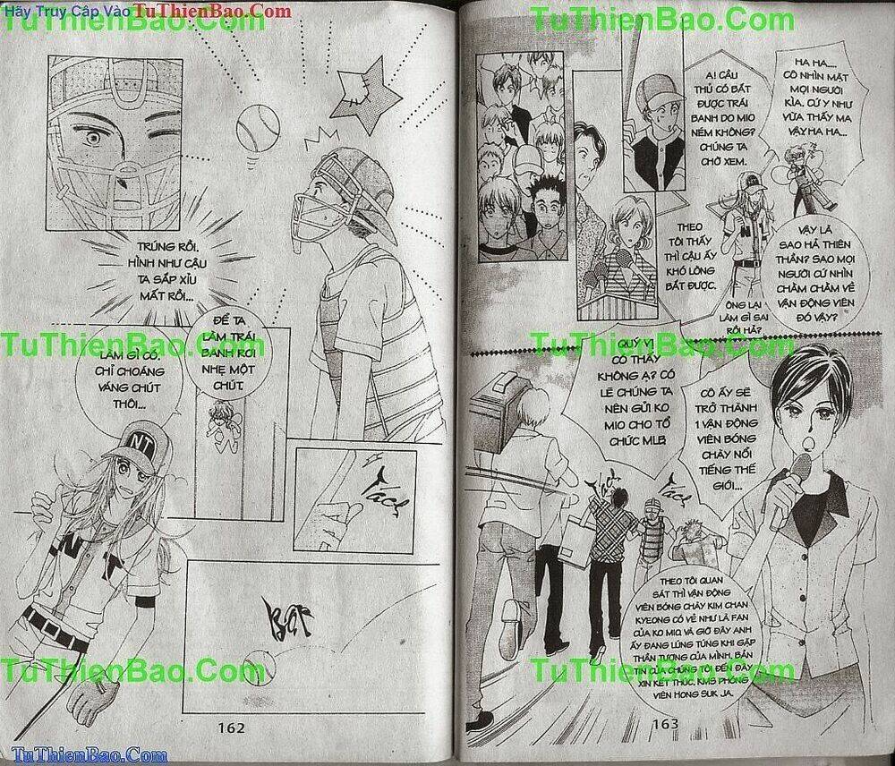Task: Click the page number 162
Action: (231, 728)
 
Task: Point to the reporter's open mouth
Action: (790, 439)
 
